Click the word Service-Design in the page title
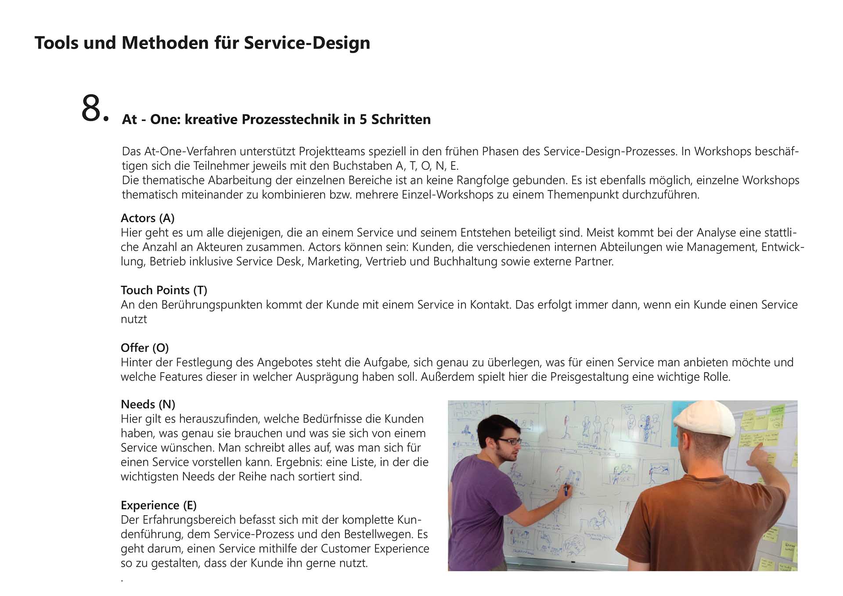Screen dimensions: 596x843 (307, 43)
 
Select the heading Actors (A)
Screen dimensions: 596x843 (148, 218)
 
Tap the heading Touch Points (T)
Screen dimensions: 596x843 (164, 290)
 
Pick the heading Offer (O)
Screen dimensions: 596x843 (144, 348)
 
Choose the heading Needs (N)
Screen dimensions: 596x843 (148, 404)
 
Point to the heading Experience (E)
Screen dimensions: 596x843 (159, 505)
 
